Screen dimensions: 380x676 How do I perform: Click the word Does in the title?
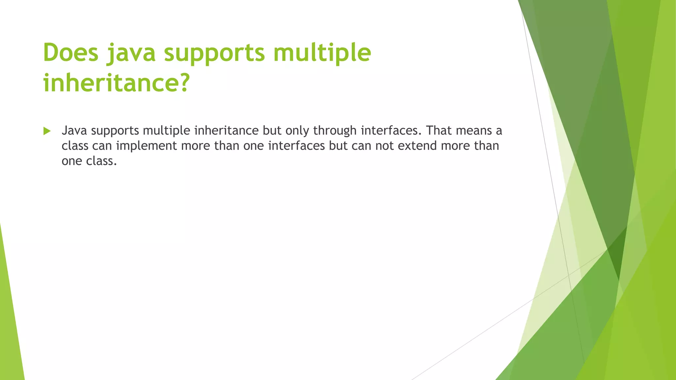pos(71,53)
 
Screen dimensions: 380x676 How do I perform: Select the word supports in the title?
pos(215,53)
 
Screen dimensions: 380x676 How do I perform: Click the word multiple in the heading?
pos(322,53)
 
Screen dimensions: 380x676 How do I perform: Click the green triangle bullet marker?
pos(47,131)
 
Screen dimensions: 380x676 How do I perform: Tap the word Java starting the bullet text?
pos(74,131)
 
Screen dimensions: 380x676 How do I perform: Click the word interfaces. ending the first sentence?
pos(391,131)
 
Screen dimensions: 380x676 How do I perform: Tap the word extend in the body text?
pos(417,146)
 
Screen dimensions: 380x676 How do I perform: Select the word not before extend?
pos(385,146)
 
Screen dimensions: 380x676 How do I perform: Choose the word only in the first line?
pos(297,131)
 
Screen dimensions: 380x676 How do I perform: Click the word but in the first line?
pos(272,131)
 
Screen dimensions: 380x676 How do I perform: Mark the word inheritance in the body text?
pos(226,131)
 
